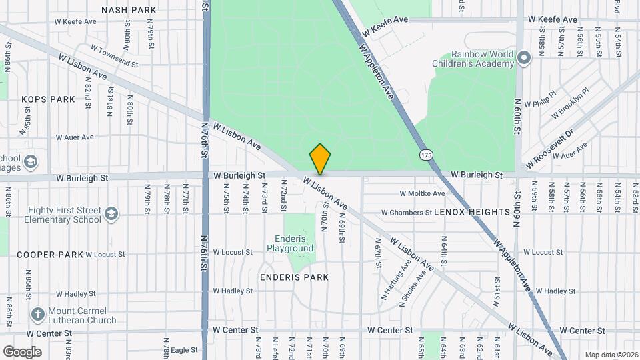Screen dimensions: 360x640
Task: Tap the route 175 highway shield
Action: [x=426, y=155]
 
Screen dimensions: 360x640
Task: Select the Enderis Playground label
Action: [x=290, y=244]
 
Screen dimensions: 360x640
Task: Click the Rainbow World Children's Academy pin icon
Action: [x=523, y=59]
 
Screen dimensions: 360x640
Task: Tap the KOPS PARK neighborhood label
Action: [x=48, y=99]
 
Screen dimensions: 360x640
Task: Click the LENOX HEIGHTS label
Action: [x=472, y=212]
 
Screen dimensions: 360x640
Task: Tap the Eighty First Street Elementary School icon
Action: [x=111, y=214]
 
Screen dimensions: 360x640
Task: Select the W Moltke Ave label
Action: [x=422, y=194]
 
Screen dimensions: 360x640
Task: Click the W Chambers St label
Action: [x=406, y=213]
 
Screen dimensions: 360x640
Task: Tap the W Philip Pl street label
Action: [x=540, y=105]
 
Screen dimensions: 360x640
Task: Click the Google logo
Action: [x=22, y=351]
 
